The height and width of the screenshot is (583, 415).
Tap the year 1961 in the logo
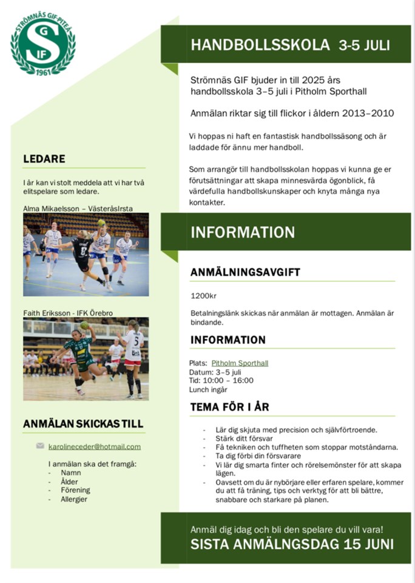point(43,72)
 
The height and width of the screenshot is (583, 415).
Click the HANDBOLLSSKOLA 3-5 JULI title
point(290,45)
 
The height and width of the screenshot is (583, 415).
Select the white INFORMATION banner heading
point(243,232)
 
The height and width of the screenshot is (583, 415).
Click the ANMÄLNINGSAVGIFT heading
point(245,273)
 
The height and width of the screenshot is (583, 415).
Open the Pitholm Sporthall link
point(240,363)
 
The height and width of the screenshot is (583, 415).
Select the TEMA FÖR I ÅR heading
point(229,406)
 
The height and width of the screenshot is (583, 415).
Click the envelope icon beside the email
point(40,446)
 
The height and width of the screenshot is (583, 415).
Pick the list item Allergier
point(73,499)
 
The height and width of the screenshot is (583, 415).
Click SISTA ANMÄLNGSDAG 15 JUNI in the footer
point(292,544)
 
